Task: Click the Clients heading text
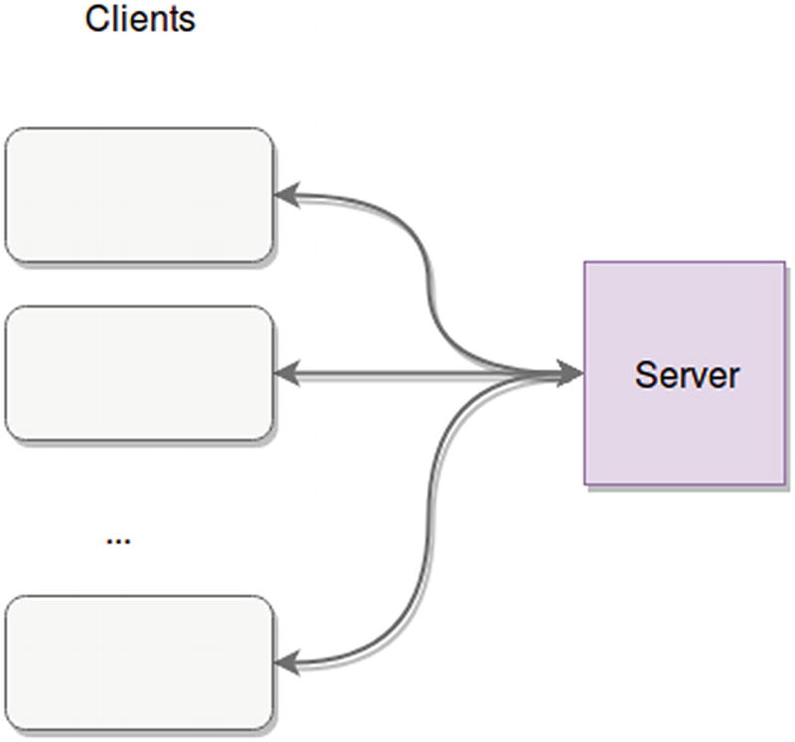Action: pos(140,19)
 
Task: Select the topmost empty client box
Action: pos(139,195)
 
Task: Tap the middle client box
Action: pos(139,373)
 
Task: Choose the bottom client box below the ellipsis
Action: pos(139,662)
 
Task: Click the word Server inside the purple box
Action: pos(687,375)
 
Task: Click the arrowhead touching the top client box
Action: pos(286,195)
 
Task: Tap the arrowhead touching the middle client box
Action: pos(286,374)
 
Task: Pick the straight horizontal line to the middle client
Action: pos(397,374)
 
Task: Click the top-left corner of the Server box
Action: pos(585,263)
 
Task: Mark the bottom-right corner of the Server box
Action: pos(785,484)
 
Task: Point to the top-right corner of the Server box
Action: pos(785,263)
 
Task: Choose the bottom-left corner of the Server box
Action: pos(585,484)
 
